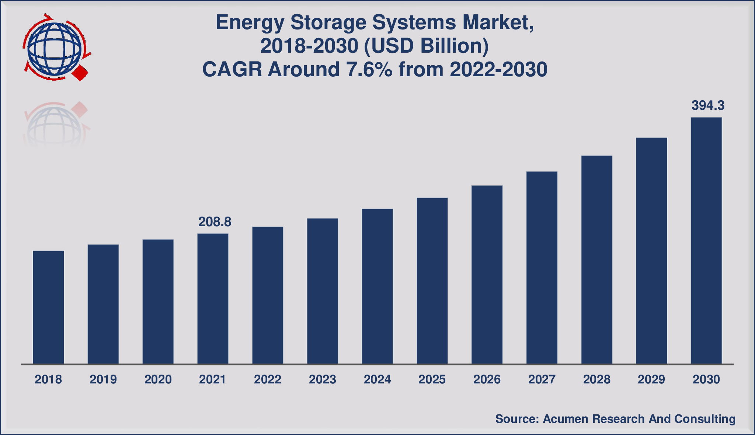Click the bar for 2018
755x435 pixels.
click(x=48, y=307)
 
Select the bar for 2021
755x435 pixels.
click(x=213, y=298)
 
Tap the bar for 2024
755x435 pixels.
click(x=377, y=286)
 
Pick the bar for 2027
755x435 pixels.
click(x=542, y=267)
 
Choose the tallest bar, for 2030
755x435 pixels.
click(x=706, y=241)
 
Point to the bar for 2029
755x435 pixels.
click(x=651, y=250)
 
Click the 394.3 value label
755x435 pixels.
click(x=708, y=106)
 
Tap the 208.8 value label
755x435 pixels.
click(x=215, y=222)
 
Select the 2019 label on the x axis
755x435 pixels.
click(x=103, y=379)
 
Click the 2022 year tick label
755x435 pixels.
click(x=267, y=379)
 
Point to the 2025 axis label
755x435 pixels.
click(x=432, y=379)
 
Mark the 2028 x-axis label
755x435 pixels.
click(x=596, y=379)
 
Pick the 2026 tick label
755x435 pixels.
click(x=487, y=379)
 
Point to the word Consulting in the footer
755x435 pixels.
click(x=705, y=419)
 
